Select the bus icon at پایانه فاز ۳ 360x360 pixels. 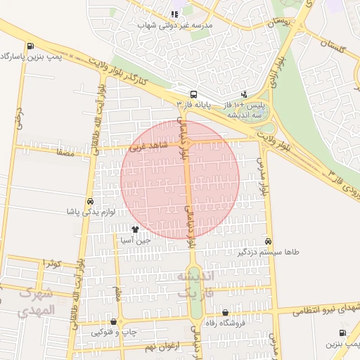[x=193, y=95]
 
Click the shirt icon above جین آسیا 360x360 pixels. [x=136, y=229]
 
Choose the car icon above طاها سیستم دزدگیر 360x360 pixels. [x=269, y=240]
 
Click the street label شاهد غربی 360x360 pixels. [x=146, y=148]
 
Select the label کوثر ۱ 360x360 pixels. [x=51, y=263]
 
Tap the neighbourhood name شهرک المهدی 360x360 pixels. [x=34, y=302]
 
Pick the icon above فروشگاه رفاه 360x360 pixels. [x=225, y=313]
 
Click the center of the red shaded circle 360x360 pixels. [x=180, y=179]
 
